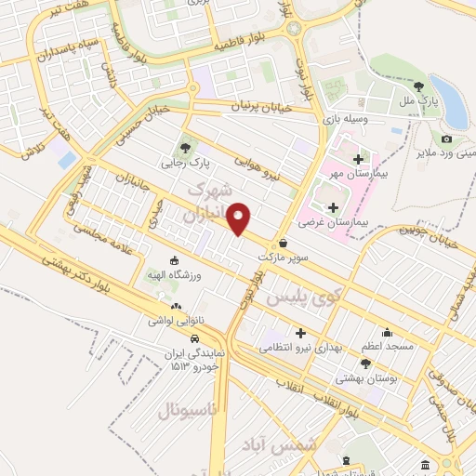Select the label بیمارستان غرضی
click(x=334, y=223)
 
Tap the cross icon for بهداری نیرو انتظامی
click(x=299, y=333)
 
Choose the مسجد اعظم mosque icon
click(x=387, y=332)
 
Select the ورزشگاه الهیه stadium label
click(x=175, y=276)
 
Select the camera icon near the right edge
click(x=446, y=139)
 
